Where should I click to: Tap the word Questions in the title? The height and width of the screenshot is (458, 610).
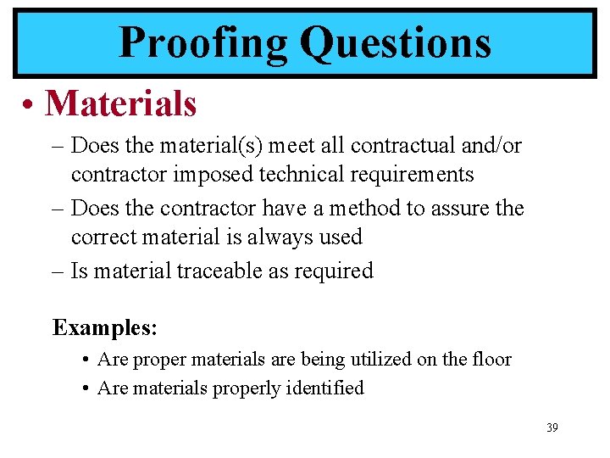396,42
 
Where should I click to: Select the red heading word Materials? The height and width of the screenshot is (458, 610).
121,103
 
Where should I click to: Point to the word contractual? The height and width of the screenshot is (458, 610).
404,145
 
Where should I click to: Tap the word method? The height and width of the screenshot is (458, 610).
363,208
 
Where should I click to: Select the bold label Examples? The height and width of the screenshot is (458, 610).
105,327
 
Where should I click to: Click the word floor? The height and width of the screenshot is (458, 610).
491,360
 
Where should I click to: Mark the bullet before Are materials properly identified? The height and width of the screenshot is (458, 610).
88,388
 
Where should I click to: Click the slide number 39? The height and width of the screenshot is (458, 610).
552,427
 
